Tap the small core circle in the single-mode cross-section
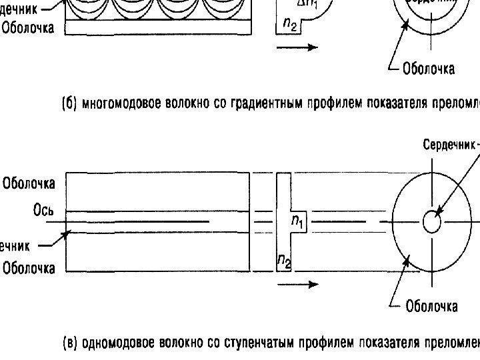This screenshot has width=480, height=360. (x=432, y=223)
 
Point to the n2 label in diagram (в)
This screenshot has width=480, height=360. (x=284, y=263)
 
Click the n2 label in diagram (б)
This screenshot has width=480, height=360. (x=289, y=24)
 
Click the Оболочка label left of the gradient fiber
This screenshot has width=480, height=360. (x=28, y=28)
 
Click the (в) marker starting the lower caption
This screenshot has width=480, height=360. (x=70, y=344)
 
